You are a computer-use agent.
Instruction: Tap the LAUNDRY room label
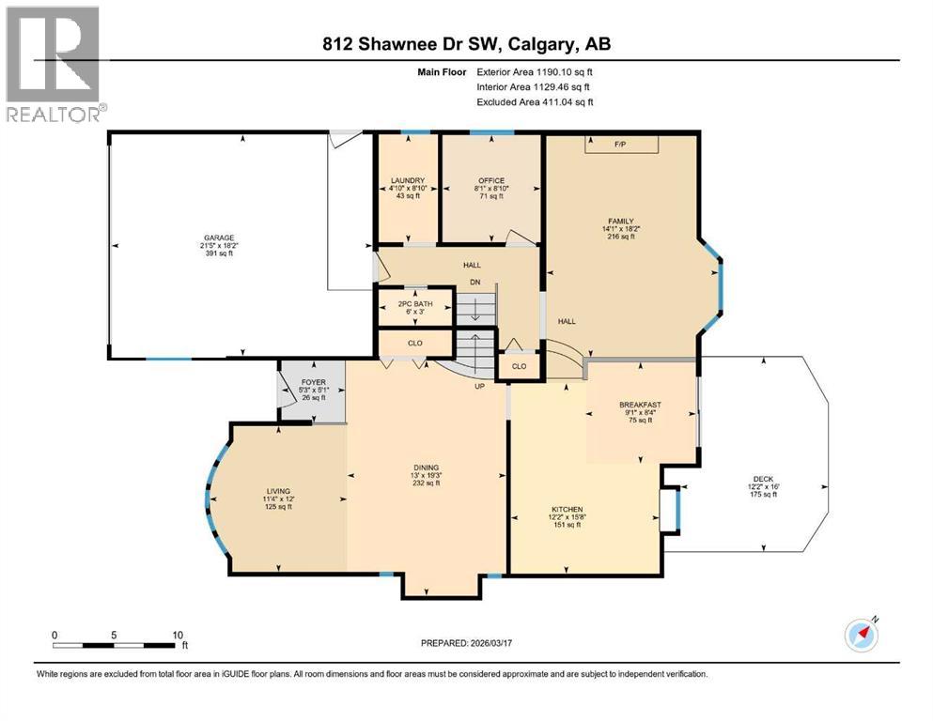click(409, 180)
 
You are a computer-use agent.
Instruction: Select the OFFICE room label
click(490, 180)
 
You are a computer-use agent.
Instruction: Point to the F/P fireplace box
click(620, 145)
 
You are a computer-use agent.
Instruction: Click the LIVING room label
click(278, 491)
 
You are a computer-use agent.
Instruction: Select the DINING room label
click(427, 468)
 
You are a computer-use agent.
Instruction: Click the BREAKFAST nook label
click(639, 405)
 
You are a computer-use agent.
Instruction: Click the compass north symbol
click(863, 635)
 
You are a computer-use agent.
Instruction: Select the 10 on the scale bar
click(178, 635)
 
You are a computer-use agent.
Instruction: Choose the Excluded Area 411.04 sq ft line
click(535, 102)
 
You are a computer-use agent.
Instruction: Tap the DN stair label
click(475, 282)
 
